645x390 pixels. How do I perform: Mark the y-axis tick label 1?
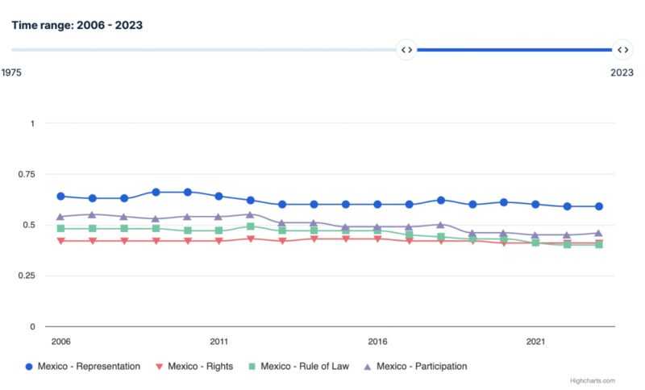(x=33, y=123)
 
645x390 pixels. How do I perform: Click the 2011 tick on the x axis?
(x=218, y=341)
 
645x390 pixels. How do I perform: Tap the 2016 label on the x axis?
(x=377, y=341)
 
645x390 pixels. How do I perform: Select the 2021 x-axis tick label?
(x=535, y=341)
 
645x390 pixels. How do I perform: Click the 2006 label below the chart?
(x=60, y=341)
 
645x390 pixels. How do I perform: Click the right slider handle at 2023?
(x=622, y=49)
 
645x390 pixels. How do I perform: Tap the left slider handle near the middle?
(x=407, y=49)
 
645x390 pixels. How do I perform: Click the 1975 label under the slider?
(x=11, y=73)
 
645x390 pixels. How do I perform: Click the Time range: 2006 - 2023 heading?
(x=77, y=25)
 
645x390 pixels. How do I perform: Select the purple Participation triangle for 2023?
(x=597, y=233)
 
